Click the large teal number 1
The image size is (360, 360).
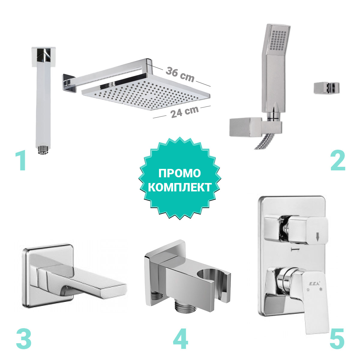point(21,161)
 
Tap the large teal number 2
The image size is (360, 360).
point(338,161)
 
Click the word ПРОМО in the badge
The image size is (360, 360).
point(179,173)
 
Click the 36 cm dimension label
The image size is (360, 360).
point(180,74)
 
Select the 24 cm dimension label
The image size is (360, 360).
point(184,112)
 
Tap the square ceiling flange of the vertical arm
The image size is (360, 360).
point(44,57)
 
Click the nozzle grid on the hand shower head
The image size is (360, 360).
point(278,40)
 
